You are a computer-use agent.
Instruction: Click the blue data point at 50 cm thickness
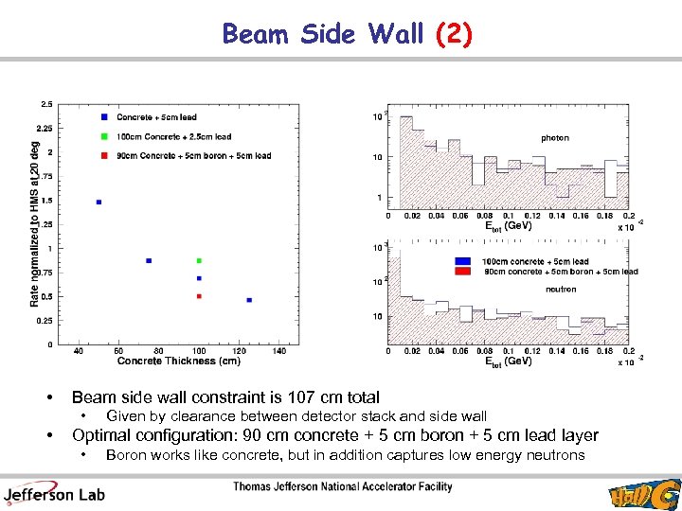click(99, 202)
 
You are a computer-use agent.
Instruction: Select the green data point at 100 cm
click(199, 260)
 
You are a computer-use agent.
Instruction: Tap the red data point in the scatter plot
click(199, 296)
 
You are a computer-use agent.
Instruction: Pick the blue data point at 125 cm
click(249, 300)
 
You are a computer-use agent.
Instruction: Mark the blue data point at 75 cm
click(149, 260)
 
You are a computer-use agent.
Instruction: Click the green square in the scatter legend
click(103, 136)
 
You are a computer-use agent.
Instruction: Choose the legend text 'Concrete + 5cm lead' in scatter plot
click(156, 117)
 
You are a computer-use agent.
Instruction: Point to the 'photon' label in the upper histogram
click(555, 138)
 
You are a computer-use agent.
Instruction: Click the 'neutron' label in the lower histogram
click(561, 290)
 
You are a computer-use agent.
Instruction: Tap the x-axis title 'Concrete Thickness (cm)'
click(178, 361)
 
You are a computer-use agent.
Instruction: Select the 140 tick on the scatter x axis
click(278, 351)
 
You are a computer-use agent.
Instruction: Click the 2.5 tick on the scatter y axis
click(45, 104)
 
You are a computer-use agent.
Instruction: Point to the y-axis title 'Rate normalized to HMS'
click(35, 223)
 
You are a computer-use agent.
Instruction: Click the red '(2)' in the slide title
click(453, 34)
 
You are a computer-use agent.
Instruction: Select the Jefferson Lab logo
click(55, 492)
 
